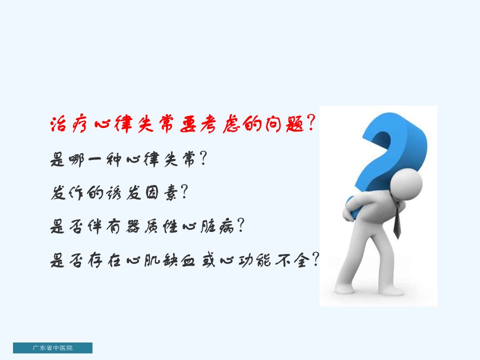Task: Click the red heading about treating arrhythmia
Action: pos(182,124)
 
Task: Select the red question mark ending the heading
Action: pos(310,123)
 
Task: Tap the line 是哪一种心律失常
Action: pos(128,159)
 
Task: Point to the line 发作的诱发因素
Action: pos(119,193)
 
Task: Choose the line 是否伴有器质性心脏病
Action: pos(147,226)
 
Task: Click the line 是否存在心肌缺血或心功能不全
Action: pos(185,260)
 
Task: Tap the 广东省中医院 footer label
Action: pos(52,348)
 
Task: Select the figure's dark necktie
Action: pos(397,220)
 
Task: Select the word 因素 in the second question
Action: pos(161,193)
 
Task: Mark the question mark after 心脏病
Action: pos(240,225)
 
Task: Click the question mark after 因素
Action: pos(184,192)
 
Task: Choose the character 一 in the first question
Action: pos(94,160)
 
